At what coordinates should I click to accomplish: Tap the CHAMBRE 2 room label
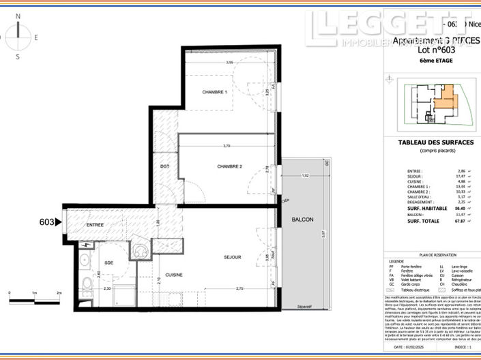tap(230, 166)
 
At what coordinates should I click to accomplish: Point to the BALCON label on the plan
tap(302, 219)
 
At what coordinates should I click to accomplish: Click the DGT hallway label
tap(164, 166)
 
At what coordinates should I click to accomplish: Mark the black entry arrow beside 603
tap(59, 222)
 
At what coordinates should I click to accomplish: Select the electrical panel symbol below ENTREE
tap(87, 244)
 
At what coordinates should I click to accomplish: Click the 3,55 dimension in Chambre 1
tap(230, 63)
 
